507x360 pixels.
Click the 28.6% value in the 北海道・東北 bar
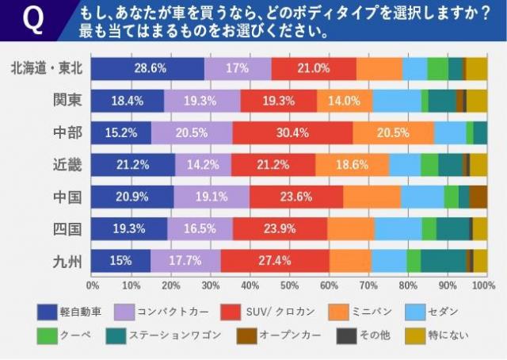coord(149,69)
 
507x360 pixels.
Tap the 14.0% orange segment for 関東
coord(345,101)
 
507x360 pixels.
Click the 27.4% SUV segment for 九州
coord(275,260)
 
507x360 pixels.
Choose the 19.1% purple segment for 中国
coord(212,197)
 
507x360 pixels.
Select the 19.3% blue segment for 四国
coord(130,228)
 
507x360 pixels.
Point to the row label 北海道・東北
coord(45,69)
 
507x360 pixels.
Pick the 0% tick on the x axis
coord(93,285)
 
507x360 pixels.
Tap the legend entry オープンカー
coord(288,335)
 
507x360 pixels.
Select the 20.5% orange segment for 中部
coord(393,133)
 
